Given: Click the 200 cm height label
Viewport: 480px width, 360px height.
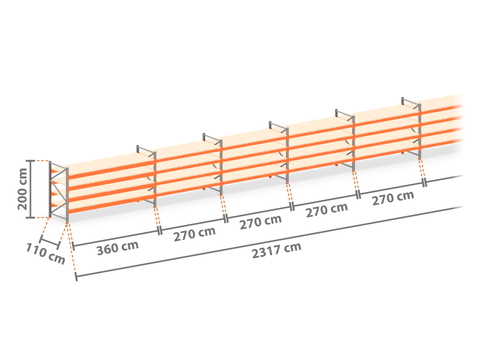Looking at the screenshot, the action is coord(22,189).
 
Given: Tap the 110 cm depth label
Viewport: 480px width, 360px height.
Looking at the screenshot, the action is coord(46,253).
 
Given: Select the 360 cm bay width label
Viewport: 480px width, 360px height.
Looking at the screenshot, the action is coord(118,248).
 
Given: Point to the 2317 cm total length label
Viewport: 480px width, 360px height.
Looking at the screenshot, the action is coord(277,250).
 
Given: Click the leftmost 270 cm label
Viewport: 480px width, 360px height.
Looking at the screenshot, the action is coord(194,234).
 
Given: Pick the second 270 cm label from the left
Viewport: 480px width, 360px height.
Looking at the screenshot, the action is coord(261,222).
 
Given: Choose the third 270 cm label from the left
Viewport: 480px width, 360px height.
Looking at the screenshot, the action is coord(327,210).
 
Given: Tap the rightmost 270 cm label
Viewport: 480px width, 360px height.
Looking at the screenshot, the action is coord(393,198).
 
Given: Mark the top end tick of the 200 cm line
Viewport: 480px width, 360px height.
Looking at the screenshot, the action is coord(30,161).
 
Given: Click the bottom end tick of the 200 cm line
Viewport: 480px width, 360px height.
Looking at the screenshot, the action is coord(30,218).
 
